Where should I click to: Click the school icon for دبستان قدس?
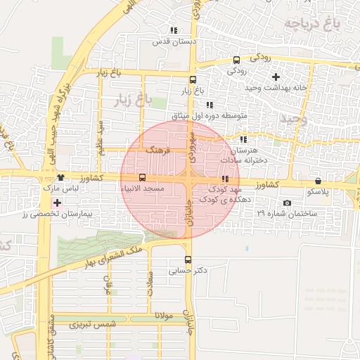tap(174, 30)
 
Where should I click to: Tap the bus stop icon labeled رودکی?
tap(236, 60)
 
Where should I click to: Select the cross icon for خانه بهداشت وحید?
tap(276, 76)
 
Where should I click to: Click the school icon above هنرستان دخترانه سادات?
tap(243, 139)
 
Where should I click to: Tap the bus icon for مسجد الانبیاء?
tap(143, 177)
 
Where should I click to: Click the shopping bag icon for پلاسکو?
tap(319, 181)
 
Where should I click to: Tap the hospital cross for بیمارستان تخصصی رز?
tap(57, 202)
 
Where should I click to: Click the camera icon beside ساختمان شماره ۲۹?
tap(287, 202)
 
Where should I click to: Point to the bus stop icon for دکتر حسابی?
tap(188, 259)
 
